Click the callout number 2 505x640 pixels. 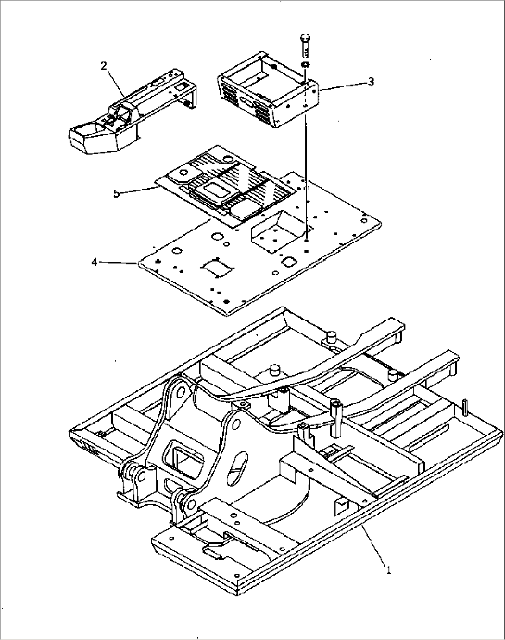(104, 66)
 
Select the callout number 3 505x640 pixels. (370, 82)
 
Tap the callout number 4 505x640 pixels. (95, 262)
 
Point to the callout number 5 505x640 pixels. (116, 193)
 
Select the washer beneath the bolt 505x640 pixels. (305, 64)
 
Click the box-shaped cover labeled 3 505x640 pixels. (269, 97)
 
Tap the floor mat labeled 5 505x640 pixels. (222, 183)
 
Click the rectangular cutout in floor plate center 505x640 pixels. (215, 268)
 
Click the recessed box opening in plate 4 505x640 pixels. (273, 230)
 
